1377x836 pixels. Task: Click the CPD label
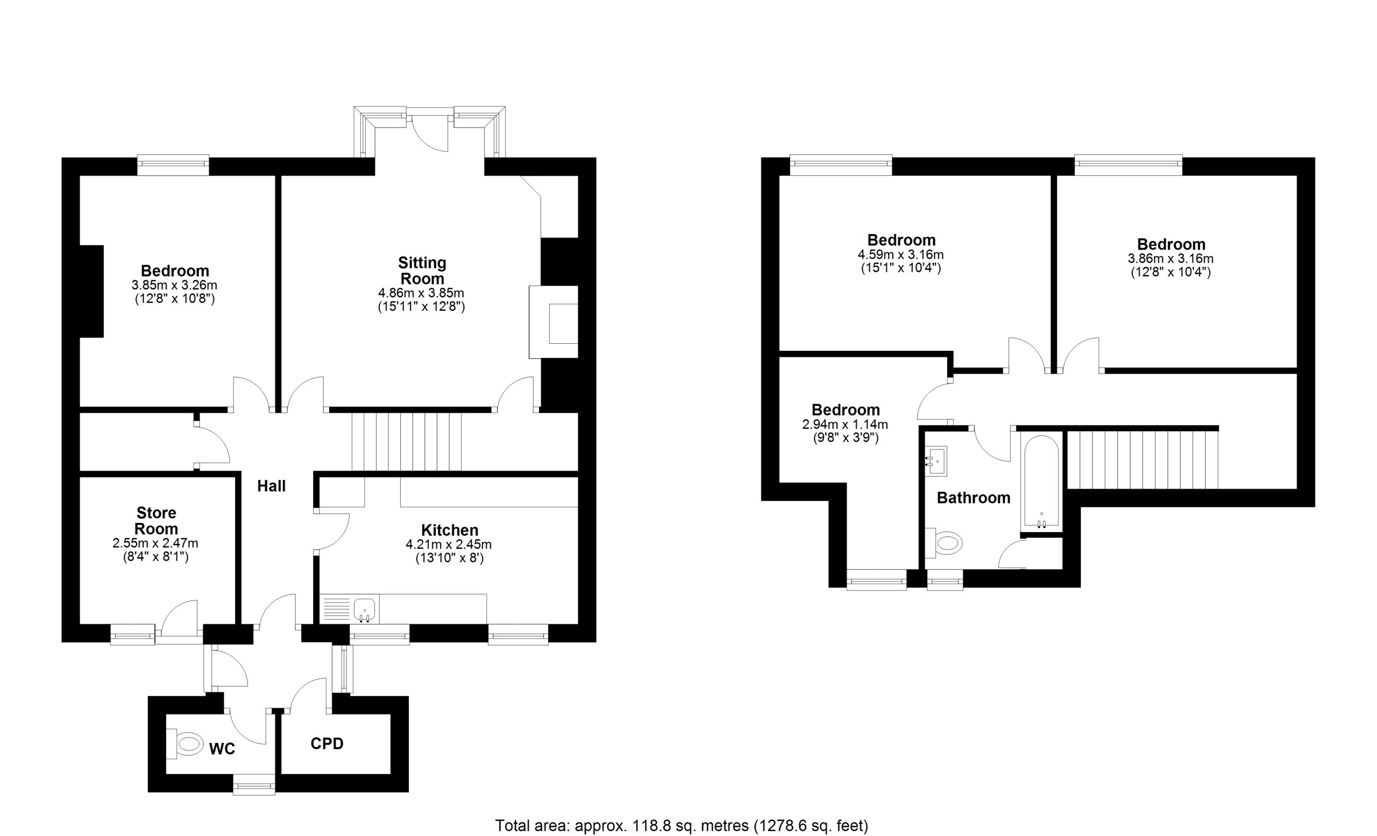coord(327,744)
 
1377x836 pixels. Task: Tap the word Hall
coord(272,486)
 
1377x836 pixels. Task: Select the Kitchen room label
coord(450,530)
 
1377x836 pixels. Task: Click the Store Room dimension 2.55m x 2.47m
coord(155,543)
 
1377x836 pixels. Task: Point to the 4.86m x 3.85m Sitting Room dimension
coord(421,293)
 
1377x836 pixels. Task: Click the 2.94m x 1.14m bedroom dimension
coord(845,424)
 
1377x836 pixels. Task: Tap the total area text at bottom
coord(682,825)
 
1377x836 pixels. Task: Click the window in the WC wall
coord(254,784)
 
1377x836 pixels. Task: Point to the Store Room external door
coord(179,620)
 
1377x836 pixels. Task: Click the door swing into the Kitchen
coord(332,531)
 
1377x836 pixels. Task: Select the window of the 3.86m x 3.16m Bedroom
coord(1129,165)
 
